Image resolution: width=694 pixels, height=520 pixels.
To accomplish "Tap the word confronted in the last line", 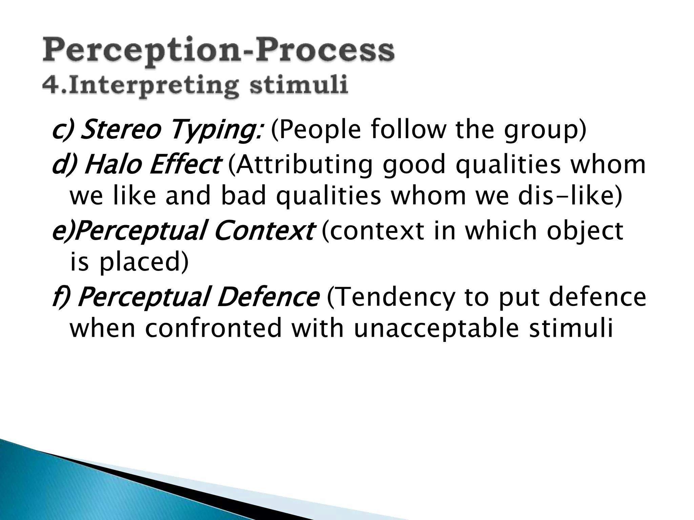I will (x=213, y=328).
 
